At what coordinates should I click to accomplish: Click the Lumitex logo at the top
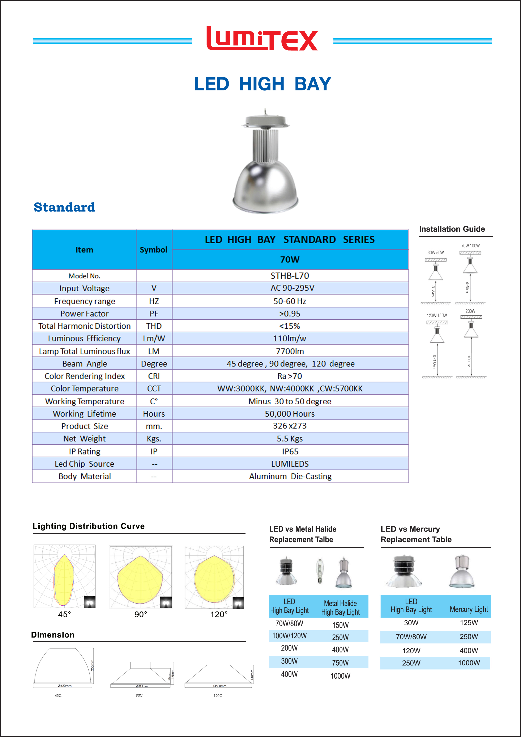click(262, 39)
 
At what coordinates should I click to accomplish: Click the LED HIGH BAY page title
click(262, 84)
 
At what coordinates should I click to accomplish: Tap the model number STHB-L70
click(290, 276)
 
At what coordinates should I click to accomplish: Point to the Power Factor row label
click(84, 314)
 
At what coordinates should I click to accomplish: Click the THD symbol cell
click(154, 326)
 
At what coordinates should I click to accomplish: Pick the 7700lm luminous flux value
click(290, 351)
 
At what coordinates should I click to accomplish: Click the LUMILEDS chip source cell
click(290, 464)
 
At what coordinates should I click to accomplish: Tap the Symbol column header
click(153, 250)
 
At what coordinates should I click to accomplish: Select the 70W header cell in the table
click(290, 259)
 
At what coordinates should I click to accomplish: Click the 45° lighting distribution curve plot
click(65, 576)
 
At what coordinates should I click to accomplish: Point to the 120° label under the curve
click(219, 614)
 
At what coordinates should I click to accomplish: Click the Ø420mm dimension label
click(65, 686)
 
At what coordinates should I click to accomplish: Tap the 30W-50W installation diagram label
click(436, 253)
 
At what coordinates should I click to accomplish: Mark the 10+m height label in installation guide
click(469, 361)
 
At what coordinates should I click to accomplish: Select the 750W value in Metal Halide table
click(340, 663)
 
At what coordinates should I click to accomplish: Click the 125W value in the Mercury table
click(469, 623)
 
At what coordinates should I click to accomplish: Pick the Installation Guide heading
click(452, 229)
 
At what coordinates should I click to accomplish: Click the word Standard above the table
click(65, 207)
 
